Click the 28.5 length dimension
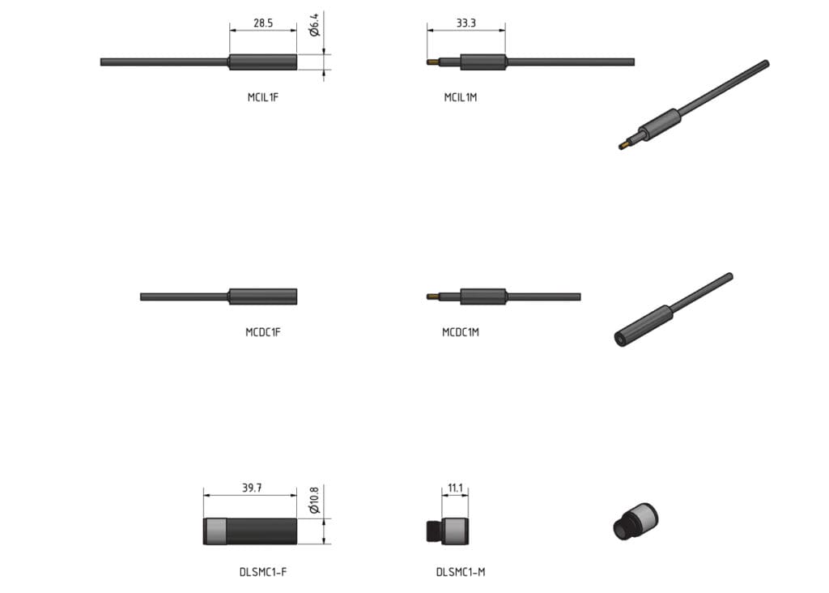(x=263, y=23)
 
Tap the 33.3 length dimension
(x=466, y=23)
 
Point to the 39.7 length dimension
(x=252, y=488)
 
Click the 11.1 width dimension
(x=454, y=488)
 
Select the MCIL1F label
(x=263, y=97)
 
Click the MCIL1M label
(x=461, y=97)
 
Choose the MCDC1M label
(x=461, y=332)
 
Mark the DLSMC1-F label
(x=263, y=572)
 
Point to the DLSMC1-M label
(x=461, y=572)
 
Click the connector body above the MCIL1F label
(x=263, y=62)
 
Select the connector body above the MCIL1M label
(x=483, y=62)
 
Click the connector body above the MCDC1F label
(x=263, y=296)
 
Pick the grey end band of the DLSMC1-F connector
(x=214, y=531)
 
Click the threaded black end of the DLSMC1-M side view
(x=432, y=531)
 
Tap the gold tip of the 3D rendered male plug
(x=623, y=146)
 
